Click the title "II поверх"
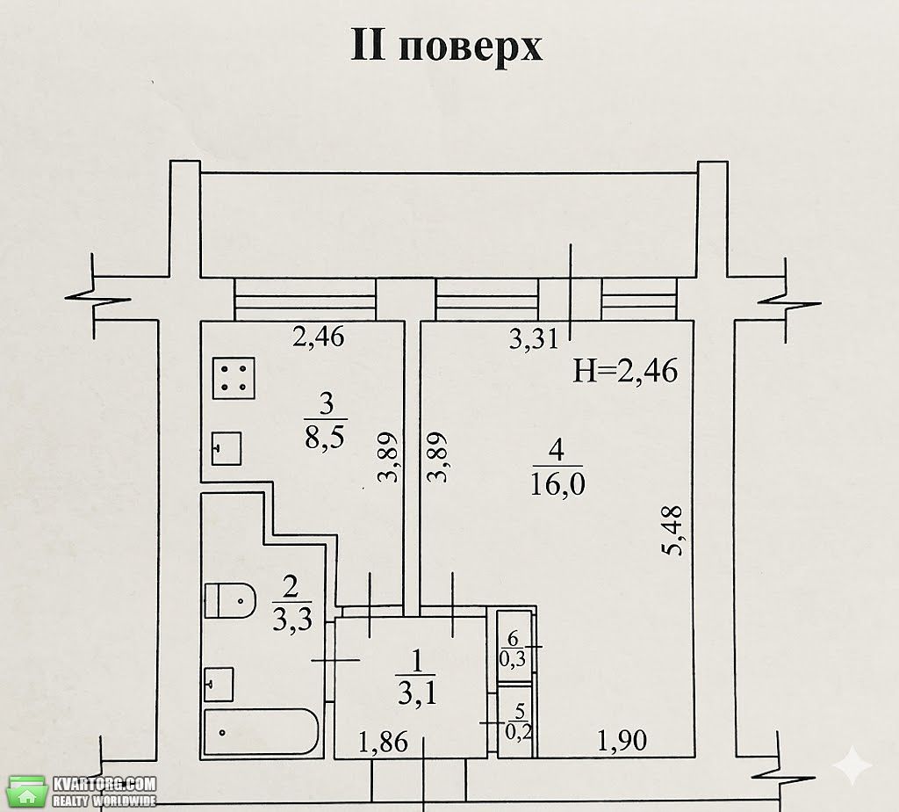pyautogui.click(x=446, y=45)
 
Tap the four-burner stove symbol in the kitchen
pyautogui.click(x=234, y=378)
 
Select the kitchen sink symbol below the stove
pyautogui.click(x=226, y=448)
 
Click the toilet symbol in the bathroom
pyautogui.click(x=230, y=601)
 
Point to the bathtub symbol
pyautogui.click(x=261, y=733)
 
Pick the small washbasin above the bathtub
pyautogui.click(x=219, y=684)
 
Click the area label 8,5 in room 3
pyautogui.click(x=325, y=438)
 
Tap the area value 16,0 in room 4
pyautogui.click(x=557, y=484)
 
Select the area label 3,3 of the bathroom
pyautogui.click(x=291, y=620)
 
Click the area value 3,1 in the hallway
pyautogui.click(x=417, y=693)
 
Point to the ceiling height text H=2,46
pyautogui.click(x=625, y=371)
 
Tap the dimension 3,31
pyautogui.click(x=533, y=338)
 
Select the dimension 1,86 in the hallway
pyautogui.click(x=383, y=742)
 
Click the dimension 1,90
pyautogui.click(x=622, y=741)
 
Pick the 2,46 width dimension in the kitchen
pyautogui.click(x=318, y=337)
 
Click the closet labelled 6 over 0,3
pyautogui.click(x=514, y=647)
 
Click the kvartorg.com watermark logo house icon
pyautogui.click(x=26, y=793)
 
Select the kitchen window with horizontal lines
pyautogui.click(x=305, y=300)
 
